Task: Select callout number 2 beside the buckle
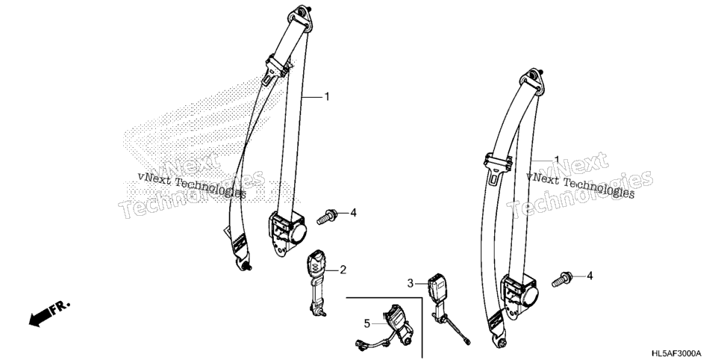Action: (343, 270)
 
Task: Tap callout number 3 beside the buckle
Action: (411, 284)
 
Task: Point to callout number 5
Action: (367, 324)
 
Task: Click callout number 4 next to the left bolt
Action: (353, 212)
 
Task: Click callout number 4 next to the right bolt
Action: (590, 276)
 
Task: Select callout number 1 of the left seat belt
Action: (327, 96)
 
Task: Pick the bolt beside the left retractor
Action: (327, 216)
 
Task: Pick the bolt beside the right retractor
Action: (562, 279)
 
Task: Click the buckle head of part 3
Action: (437, 288)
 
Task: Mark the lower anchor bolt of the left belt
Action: (244, 264)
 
